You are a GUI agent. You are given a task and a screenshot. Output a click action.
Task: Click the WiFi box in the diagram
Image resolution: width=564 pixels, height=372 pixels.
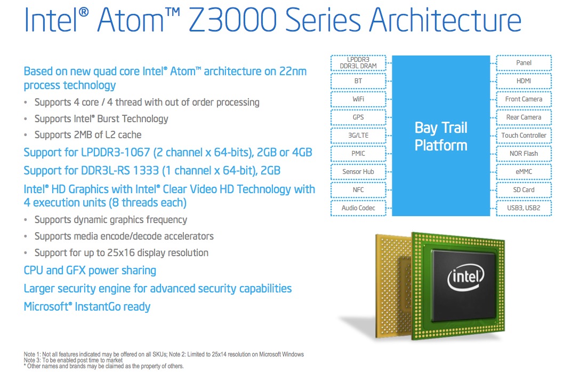(x=358, y=99)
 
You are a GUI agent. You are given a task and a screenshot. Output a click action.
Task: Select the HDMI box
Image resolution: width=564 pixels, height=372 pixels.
(x=523, y=81)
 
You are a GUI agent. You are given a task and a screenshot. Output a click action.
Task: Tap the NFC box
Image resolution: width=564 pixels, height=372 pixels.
(x=358, y=190)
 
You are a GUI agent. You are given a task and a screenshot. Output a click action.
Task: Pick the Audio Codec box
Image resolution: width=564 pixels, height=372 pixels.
(x=358, y=208)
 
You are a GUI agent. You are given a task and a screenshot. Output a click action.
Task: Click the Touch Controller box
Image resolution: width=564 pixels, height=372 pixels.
(x=523, y=136)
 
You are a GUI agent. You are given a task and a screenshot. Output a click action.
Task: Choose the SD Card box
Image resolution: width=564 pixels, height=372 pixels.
(x=523, y=190)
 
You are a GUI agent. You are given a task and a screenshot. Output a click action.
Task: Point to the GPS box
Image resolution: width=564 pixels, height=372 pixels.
(x=358, y=117)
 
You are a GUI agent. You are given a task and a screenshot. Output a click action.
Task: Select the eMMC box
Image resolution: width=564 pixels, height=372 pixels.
(x=523, y=172)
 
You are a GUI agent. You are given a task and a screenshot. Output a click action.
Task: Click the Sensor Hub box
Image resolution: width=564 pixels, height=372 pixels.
(x=358, y=172)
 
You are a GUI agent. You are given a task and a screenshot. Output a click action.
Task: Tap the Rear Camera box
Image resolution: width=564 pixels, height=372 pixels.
(x=523, y=117)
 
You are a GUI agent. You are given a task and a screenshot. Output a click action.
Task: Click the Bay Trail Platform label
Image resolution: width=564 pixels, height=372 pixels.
(x=441, y=137)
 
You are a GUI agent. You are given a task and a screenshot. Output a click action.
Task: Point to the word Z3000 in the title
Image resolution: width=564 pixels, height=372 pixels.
(x=232, y=20)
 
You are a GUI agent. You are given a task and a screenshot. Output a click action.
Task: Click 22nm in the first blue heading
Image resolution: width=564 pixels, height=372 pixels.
(x=293, y=72)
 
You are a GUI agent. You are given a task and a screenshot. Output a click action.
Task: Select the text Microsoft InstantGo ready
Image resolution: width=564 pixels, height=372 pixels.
(x=87, y=307)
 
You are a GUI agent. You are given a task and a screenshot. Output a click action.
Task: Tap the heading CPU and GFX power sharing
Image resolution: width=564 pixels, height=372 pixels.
(x=90, y=271)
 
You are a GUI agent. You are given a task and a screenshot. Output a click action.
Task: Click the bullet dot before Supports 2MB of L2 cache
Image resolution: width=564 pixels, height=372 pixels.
(x=26, y=136)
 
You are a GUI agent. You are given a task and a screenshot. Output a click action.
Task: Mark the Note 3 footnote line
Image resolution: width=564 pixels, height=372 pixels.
(x=73, y=360)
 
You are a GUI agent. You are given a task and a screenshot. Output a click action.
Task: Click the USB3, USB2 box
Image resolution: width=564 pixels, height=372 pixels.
(x=523, y=208)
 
